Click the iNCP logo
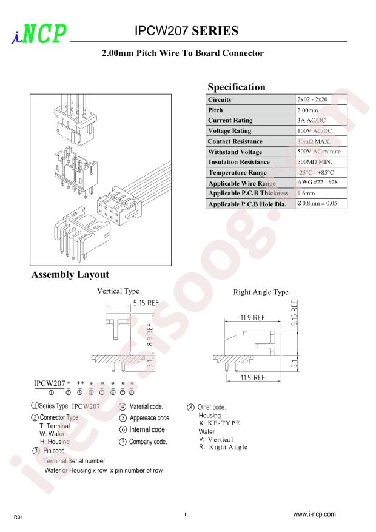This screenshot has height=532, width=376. click(x=39, y=33)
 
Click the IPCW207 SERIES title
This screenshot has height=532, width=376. click(x=186, y=31)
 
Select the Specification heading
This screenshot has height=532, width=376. click(x=237, y=87)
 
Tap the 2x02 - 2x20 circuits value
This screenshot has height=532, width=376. click(x=312, y=99)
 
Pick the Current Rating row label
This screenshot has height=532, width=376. click(x=230, y=120)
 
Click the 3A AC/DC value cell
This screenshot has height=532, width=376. click(x=311, y=120)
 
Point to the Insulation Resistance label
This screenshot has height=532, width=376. click(x=239, y=162)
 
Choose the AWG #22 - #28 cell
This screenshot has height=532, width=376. click(x=317, y=182)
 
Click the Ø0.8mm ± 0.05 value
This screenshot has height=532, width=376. click(x=317, y=203)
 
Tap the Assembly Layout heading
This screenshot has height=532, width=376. click(x=70, y=274)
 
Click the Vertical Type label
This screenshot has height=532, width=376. click(x=118, y=291)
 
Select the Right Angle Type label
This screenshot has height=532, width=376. click(x=261, y=292)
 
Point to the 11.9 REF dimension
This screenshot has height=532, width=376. click(x=252, y=318)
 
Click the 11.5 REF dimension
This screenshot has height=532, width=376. click(x=253, y=378)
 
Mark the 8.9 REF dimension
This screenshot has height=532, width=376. click(x=150, y=334)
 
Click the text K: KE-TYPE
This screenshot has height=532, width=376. click(x=220, y=423)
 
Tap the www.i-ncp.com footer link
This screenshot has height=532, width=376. click(x=314, y=514)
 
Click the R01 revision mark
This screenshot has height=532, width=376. click(x=18, y=517)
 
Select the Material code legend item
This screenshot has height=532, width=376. click(x=141, y=406)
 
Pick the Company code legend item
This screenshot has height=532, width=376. click(x=143, y=442)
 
